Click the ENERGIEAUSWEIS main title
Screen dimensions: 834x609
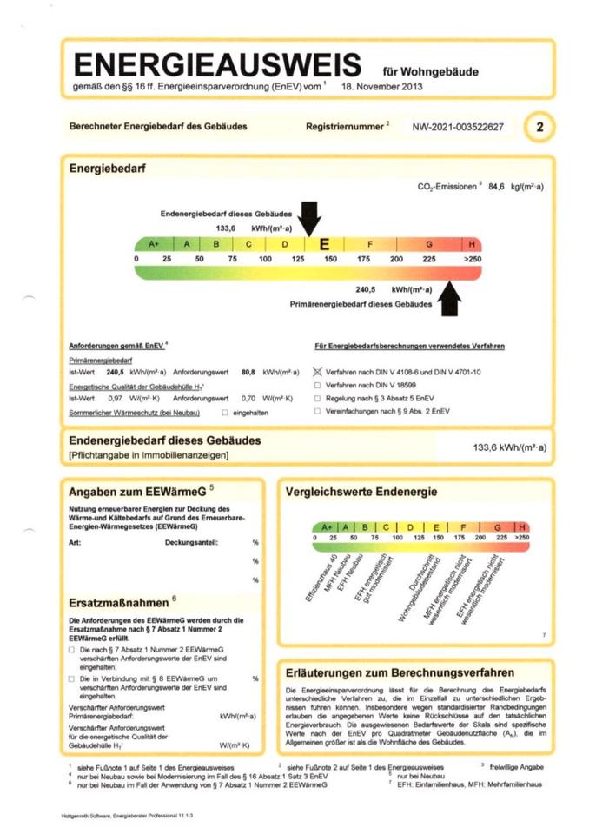(216, 65)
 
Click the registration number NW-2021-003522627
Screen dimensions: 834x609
(457, 127)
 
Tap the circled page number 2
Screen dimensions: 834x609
(539, 127)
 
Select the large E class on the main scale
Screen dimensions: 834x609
(324, 245)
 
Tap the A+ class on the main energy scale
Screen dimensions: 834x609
(155, 245)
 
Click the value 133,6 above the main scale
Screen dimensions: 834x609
(227, 228)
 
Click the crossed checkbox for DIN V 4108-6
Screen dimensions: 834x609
(318, 371)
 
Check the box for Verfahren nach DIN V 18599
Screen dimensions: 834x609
(318, 385)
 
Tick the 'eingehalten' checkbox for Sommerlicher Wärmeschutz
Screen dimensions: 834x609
(225, 412)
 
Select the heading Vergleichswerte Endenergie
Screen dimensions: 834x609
(361, 493)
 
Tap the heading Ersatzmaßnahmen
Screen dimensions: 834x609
(119, 601)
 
